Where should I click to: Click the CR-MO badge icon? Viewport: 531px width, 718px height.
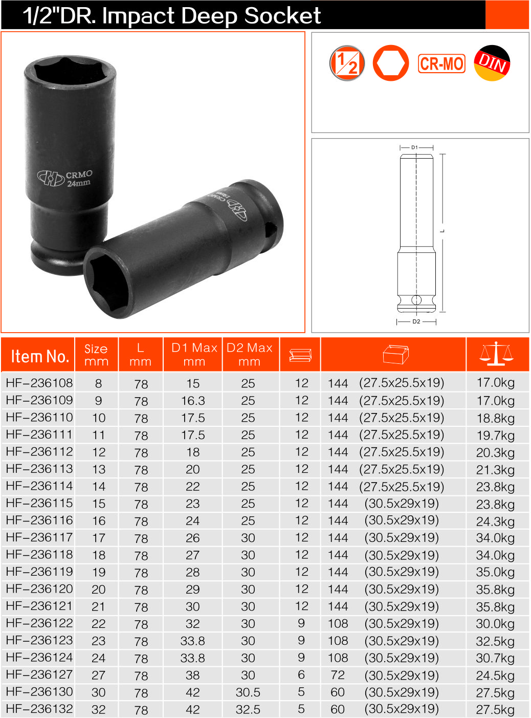[x=441, y=63]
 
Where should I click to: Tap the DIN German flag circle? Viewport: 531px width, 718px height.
[x=492, y=63]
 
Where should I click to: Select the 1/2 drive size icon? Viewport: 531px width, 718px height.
[x=347, y=63]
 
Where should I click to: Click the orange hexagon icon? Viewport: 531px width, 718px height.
[x=391, y=63]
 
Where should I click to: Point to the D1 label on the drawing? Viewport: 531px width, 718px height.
[x=415, y=147]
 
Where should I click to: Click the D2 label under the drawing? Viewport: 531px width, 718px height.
[x=416, y=321]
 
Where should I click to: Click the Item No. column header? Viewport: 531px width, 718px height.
[x=39, y=356]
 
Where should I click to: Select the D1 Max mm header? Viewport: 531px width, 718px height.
[x=194, y=355]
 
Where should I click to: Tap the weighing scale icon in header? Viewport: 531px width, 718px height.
[x=496, y=354]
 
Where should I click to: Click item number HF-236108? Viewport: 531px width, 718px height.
[x=39, y=383]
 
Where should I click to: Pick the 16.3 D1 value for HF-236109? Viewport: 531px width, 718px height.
[x=193, y=401]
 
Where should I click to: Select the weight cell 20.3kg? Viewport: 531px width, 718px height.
[x=495, y=452]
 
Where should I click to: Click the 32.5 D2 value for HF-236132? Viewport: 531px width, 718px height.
[x=248, y=710]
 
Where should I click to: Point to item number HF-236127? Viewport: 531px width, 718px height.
[x=39, y=675]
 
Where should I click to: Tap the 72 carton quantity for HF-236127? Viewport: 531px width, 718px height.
[x=338, y=675]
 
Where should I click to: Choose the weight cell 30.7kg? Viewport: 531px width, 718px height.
[x=495, y=658]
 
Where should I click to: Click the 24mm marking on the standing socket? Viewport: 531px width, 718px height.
[x=79, y=183]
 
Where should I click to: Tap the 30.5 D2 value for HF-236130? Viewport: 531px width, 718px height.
[x=248, y=692]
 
